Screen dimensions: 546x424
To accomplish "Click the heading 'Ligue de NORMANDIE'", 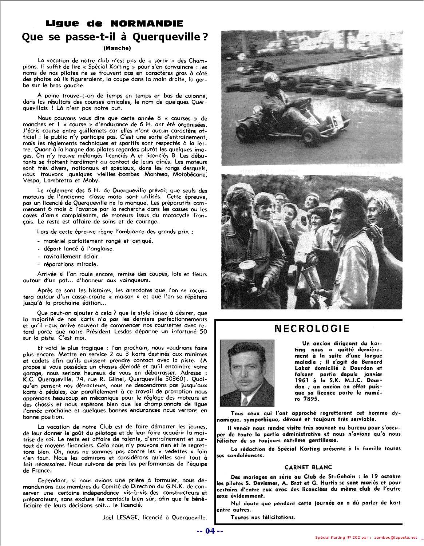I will click(114, 24).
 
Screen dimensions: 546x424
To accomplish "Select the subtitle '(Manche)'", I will click(116, 48).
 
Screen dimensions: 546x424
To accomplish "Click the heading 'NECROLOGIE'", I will click(312, 329).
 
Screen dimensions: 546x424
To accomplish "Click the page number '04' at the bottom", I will click(210, 531).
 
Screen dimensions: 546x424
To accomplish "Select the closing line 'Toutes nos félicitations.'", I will click(263, 517).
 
